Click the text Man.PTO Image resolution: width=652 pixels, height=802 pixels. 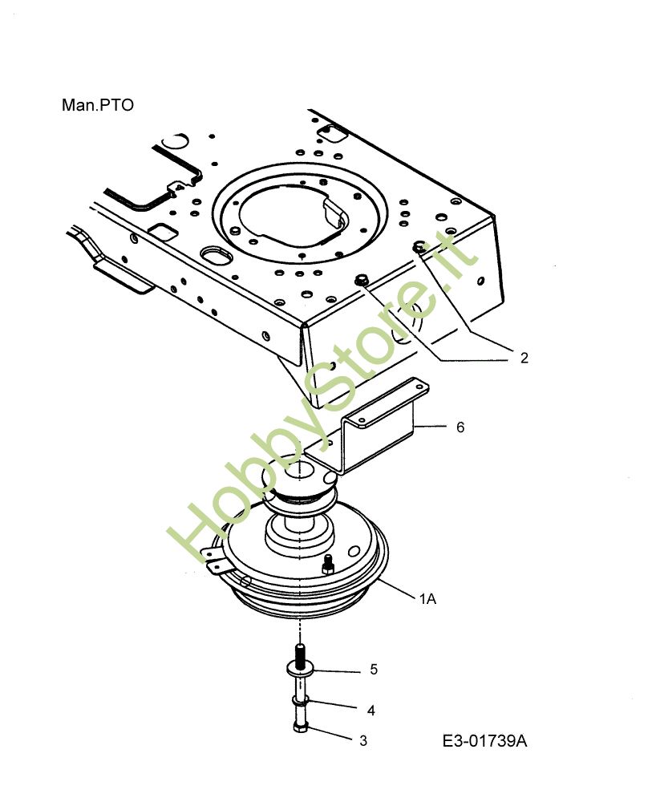[97, 105]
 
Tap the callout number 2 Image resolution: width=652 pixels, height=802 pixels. [524, 358]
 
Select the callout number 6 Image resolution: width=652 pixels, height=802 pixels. [460, 427]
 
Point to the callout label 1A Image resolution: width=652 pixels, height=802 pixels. [427, 598]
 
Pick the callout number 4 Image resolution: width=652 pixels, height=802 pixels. [371, 710]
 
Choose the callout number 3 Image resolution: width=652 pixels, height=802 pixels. [363, 741]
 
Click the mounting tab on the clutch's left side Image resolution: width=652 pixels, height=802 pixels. [214, 558]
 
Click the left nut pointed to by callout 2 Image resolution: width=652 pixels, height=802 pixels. [362, 280]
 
